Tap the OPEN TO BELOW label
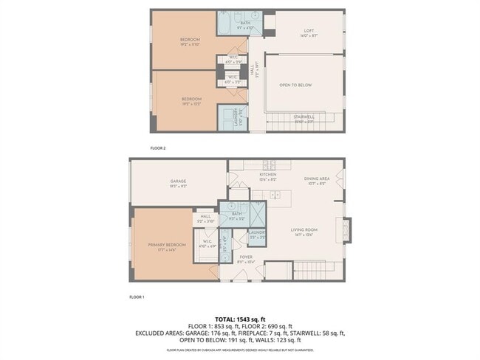click(295, 85)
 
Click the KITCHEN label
click(257, 176)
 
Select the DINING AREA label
click(316, 179)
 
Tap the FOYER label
click(246, 258)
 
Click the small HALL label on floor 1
click(204, 219)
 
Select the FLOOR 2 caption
click(158, 148)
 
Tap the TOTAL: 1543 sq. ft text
click(240, 316)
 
